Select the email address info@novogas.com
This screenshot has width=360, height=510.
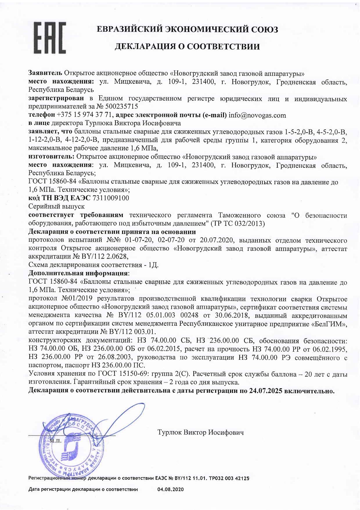coord(257,115)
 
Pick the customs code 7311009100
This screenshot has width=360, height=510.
coord(111,198)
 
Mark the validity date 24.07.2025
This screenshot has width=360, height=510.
coord(266,391)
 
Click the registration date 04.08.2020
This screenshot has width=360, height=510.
coord(170,489)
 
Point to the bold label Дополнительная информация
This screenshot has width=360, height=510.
coord(78,273)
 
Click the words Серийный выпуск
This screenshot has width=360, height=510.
coord(57,207)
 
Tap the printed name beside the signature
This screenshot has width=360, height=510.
coord(200,432)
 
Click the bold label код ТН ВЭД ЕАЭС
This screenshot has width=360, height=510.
coord(59,198)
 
